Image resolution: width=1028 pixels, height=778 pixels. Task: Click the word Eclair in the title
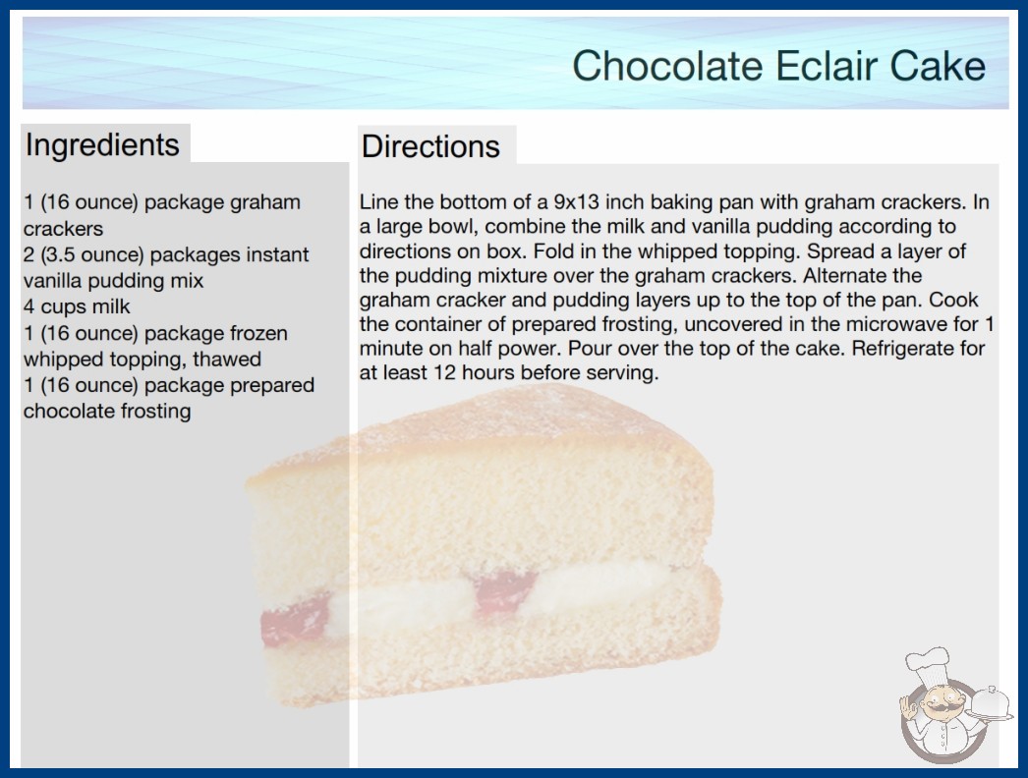(827, 66)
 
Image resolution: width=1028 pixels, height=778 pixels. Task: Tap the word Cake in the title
(938, 66)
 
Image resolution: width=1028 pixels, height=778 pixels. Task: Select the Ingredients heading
(102, 145)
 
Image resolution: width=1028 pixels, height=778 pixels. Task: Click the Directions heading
(430, 146)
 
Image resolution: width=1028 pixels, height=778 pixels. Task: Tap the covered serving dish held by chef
(990, 703)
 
